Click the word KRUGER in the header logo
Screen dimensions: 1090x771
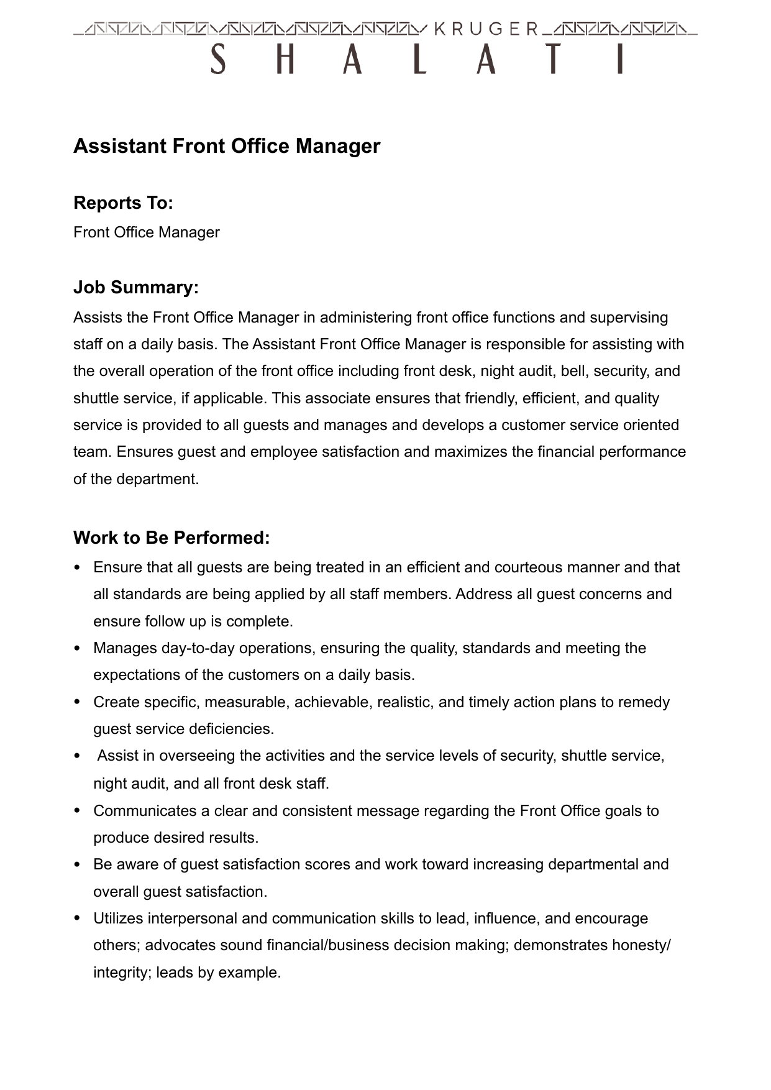486,29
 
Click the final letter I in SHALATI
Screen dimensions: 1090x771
619,60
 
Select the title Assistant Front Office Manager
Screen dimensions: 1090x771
227,146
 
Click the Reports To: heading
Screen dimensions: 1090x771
123,203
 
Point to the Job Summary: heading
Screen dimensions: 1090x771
136,287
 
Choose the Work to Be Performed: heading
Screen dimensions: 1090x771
171,538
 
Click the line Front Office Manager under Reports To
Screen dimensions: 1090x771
147,232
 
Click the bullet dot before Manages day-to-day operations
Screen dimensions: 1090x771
77,648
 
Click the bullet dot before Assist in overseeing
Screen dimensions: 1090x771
77,756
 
